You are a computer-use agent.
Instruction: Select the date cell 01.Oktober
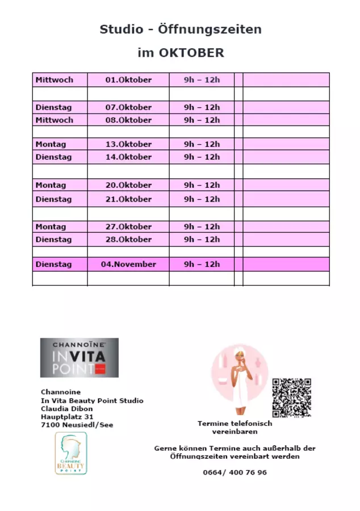(x=128, y=80)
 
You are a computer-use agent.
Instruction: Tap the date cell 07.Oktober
(x=128, y=107)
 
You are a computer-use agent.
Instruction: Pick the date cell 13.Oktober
(x=128, y=144)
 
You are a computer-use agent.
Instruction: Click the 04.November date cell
(x=128, y=264)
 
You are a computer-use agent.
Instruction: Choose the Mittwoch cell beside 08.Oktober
(x=55, y=120)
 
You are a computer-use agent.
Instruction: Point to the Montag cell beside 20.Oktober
(x=51, y=185)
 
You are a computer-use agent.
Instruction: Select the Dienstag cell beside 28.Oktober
(x=54, y=239)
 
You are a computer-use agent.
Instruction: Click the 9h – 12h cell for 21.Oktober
(x=202, y=199)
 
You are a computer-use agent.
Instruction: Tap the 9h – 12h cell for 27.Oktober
(x=202, y=227)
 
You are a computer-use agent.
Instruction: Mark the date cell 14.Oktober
(x=128, y=157)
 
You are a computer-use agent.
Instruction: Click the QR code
(x=291, y=397)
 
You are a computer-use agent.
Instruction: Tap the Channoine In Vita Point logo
(x=79, y=358)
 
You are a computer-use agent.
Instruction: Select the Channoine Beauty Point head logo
(x=71, y=453)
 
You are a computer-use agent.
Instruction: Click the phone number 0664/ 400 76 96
(x=235, y=472)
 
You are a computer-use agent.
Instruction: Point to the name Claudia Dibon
(x=67, y=409)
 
